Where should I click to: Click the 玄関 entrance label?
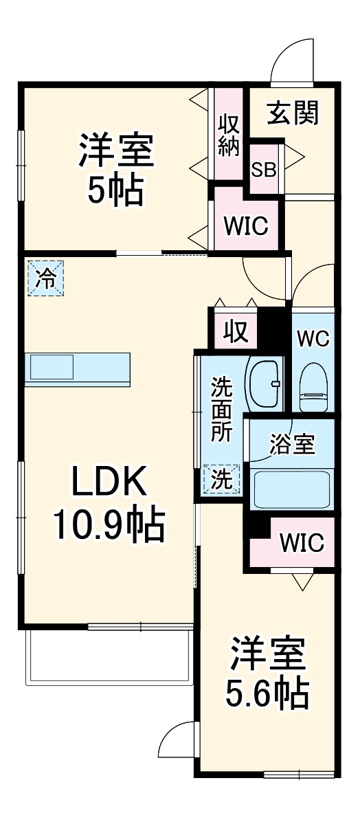point(293,113)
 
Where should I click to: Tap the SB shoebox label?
point(264,170)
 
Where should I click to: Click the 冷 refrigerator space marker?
point(45,279)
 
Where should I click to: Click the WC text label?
point(313,338)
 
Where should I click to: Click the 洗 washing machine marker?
point(221,479)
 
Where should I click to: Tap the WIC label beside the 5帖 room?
point(245,226)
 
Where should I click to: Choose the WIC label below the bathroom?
point(301,543)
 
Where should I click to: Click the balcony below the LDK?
point(109,656)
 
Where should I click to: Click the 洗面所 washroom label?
point(221,419)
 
